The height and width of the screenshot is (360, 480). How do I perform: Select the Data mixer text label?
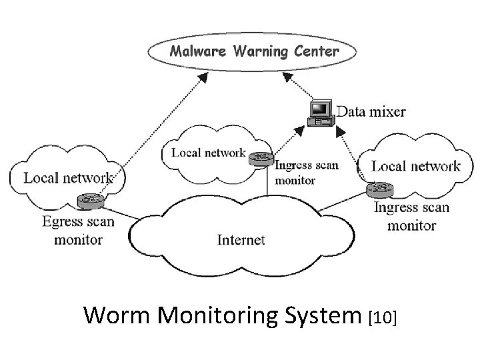371,111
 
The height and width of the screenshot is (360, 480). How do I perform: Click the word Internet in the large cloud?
241,240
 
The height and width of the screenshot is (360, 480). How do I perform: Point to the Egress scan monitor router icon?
89,200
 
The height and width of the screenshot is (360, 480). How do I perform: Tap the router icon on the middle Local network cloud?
258,158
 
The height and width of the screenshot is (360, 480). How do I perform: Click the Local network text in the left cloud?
68,178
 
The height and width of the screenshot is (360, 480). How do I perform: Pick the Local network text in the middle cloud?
209,153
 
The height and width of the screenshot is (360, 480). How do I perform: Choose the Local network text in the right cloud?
415,166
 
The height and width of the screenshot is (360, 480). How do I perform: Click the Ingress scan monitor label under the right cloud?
411,216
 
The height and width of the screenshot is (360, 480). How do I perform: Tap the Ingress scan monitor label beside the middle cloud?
307,173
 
